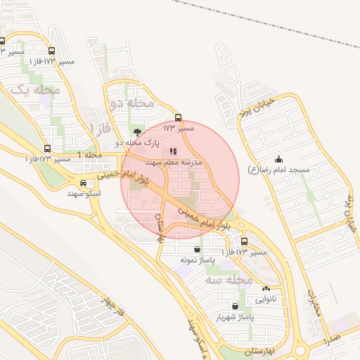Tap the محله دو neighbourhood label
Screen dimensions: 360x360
click(x=132, y=103)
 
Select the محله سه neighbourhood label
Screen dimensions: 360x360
click(x=230, y=280)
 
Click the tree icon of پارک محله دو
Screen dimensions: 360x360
click(x=136, y=131)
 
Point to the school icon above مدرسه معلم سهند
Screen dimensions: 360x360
click(x=173, y=151)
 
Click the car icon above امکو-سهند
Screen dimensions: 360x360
click(x=84, y=184)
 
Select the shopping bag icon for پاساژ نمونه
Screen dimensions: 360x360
click(x=196, y=249)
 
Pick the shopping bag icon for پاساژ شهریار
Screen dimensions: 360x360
click(x=236, y=307)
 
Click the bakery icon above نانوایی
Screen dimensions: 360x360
click(x=265, y=288)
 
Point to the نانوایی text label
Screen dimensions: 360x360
click(x=265, y=299)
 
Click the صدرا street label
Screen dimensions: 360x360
click(x=333, y=340)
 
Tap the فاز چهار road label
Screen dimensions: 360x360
click(x=112, y=307)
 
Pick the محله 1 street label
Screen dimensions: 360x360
click(x=89, y=154)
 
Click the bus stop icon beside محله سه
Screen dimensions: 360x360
click(x=244, y=242)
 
